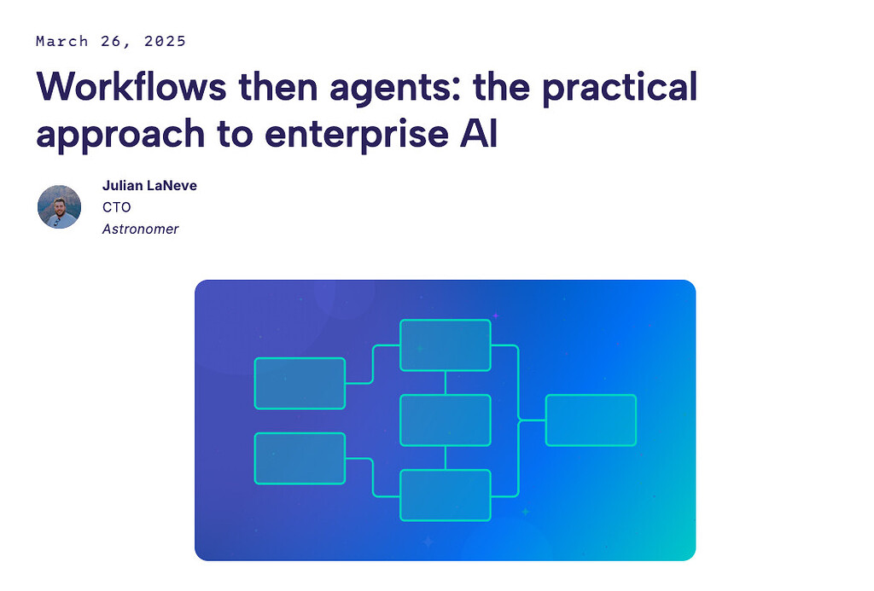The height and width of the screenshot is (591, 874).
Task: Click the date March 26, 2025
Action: click(111, 41)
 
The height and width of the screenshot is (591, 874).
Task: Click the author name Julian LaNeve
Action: click(149, 185)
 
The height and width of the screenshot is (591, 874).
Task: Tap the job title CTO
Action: click(117, 207)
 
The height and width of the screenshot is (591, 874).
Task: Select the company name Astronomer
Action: click(140, 229)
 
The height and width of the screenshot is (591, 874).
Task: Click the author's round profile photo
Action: click(59, 206)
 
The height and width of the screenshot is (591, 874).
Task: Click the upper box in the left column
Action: click(300, 383)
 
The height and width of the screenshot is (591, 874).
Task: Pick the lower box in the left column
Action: click(300, 459)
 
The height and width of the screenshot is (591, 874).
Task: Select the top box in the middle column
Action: click(446, 345)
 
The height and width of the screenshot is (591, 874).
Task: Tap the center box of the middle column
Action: click(446, 420)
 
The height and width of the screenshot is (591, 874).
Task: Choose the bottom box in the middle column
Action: click(446, 495)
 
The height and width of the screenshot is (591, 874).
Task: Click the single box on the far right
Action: click(591, 420)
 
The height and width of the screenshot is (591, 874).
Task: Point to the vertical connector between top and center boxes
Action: click(446, 383)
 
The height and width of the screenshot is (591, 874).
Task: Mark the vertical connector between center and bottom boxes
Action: click(446, 458)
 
